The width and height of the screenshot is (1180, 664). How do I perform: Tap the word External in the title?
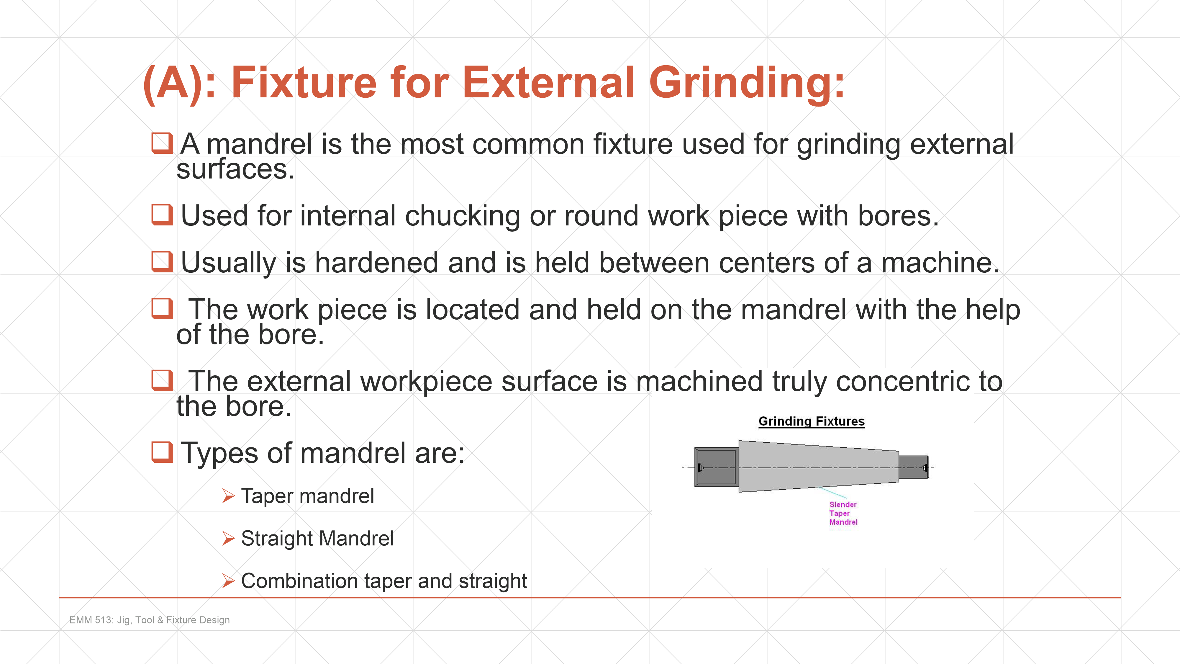tap(549, 83)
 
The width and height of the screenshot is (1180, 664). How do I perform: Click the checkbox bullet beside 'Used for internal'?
tap(162, 215)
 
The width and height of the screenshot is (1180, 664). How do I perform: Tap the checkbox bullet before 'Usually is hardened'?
tap(162, 262)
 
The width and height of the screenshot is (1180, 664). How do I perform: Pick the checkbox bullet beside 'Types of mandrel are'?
tap(162, 452)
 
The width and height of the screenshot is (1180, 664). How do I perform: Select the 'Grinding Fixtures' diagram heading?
tap(811, 421)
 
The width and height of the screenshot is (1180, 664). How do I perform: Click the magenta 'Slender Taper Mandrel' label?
tap(843, 513)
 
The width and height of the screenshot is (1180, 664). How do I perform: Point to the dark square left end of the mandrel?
tap(717, 467)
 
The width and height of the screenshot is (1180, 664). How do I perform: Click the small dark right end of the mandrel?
tap(913, 467)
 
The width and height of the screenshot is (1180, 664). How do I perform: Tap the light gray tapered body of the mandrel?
tap(819, 467)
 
